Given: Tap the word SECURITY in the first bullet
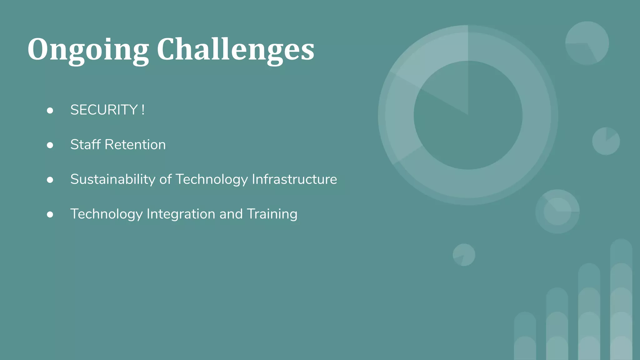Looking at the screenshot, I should [x=104, y=110].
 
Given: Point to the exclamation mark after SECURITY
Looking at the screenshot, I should [x=143, y=110].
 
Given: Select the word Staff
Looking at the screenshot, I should [x=85, y=145].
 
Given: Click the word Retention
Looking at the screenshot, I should [x=135, y=145].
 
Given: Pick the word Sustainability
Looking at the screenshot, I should [x=113, y=179].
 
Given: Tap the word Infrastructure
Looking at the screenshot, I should [x=294, y=179].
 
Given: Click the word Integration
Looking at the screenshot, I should [x=181, y=214].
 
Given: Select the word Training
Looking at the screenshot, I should [x=272, y=214].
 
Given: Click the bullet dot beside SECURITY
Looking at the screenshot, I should [x=50, y=110].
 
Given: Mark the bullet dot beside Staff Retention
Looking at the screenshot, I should [x=50, y=145].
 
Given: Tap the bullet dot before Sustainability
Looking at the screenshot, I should [x=50, y=180].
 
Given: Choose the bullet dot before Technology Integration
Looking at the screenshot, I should [x=50, y=214].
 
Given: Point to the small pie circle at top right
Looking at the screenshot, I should [x=587, y=43].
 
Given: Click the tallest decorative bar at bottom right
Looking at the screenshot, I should [x=621, y=300].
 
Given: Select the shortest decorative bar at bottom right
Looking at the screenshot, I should [x=525, y=336].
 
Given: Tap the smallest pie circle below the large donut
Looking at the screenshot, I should [x=464, y=255].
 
